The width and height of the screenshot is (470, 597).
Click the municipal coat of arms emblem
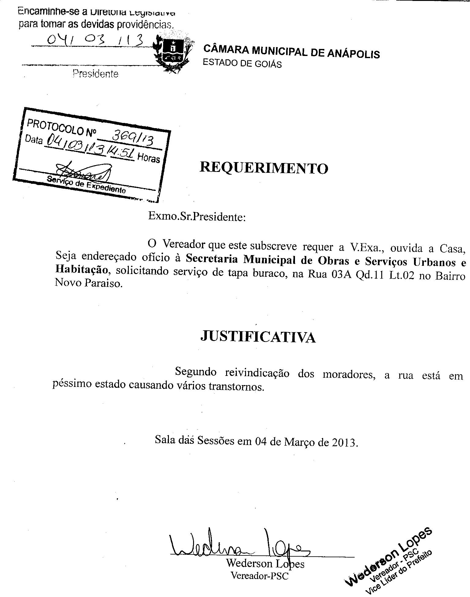pyautogui.click(x=172, y=54)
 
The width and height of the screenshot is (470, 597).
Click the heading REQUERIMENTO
pyautogui.click(x=264, y=168)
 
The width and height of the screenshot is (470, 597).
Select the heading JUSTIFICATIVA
pyautogui.click(x=258, y=337)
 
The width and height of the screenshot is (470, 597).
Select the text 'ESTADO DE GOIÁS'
pyautogui.click(x=242, y=63)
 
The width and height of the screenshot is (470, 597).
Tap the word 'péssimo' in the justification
pyautogui.click(x=72, y=384)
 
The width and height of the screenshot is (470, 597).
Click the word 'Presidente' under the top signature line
pyautogui.click(x=95, y=74)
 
